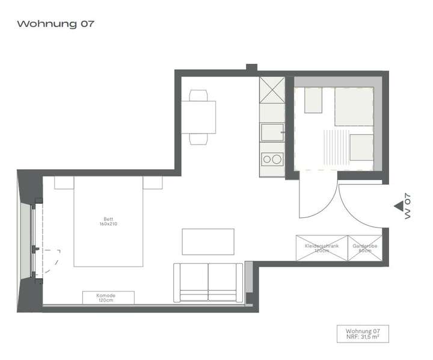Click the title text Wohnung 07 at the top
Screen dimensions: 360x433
tap(56, 24)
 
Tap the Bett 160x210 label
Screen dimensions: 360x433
tap(108, 222)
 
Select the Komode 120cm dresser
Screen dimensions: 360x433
tap(108, 297)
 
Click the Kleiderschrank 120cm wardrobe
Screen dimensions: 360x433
tap(321, 248)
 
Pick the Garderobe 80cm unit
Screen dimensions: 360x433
tap(364, 248)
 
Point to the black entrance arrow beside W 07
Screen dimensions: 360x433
tap(398, 206)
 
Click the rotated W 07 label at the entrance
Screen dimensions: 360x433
tap(408, 206)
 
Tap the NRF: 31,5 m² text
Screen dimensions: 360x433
tap(363, 338)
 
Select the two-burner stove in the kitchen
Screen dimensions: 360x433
tap(272, 160)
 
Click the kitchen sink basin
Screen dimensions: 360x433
tap(271, 132)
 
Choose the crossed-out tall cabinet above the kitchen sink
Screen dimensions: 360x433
tap(271, 90)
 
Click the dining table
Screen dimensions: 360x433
tap(198, 117)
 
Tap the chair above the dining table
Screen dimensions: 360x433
tap(198, 95)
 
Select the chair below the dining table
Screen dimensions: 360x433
tap(198, 139)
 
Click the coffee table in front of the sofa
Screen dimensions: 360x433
tap(208, 241)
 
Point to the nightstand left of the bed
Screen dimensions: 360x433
tap(64, 182)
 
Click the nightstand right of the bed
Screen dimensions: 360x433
tap(153, 182)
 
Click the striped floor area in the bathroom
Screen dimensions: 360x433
tap(334, 147)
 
